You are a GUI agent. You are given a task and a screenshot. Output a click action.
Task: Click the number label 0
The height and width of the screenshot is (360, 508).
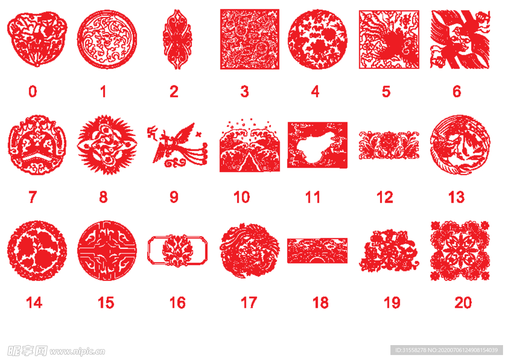[33, 91]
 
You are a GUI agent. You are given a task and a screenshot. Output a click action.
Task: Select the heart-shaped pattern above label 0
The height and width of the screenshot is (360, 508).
[37, 39]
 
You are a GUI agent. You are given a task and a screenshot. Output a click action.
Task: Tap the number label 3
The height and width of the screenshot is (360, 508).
[245, 91]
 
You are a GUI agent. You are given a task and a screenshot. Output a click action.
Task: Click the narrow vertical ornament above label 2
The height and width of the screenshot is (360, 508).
[177, 39]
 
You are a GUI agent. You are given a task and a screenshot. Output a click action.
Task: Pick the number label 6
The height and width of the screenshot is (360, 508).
[457, 91]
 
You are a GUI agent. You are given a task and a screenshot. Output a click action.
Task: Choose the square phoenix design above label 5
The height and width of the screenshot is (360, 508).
[389, 39]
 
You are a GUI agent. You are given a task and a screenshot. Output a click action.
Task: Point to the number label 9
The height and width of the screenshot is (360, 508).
[174, 197]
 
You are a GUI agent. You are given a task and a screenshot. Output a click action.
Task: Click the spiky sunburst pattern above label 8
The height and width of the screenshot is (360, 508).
[107, 144]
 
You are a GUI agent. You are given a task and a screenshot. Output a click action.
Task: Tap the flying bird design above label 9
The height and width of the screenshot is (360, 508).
[177, 145]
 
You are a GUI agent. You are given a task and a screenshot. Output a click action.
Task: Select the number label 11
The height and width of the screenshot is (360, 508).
[313, 197]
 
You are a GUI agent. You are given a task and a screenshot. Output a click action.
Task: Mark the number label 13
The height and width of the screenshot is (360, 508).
[456, 197]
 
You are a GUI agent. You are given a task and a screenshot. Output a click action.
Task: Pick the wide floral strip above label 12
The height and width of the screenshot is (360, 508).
[389, 145]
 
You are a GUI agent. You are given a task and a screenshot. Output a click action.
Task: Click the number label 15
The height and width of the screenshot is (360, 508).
[106, 303]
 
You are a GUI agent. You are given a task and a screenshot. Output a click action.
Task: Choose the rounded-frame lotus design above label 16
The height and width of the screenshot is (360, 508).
[177, 250]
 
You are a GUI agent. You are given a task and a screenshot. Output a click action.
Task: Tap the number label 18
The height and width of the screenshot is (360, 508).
[320, 303]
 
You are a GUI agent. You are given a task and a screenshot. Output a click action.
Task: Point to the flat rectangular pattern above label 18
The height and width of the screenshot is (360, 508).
[317, 251]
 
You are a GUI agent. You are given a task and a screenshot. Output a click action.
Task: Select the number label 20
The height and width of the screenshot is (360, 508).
[463, 303]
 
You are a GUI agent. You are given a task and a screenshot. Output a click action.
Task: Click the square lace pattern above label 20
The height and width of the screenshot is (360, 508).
[460, 251]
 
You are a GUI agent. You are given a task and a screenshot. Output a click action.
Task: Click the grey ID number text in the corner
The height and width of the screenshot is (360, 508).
[446, 350]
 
